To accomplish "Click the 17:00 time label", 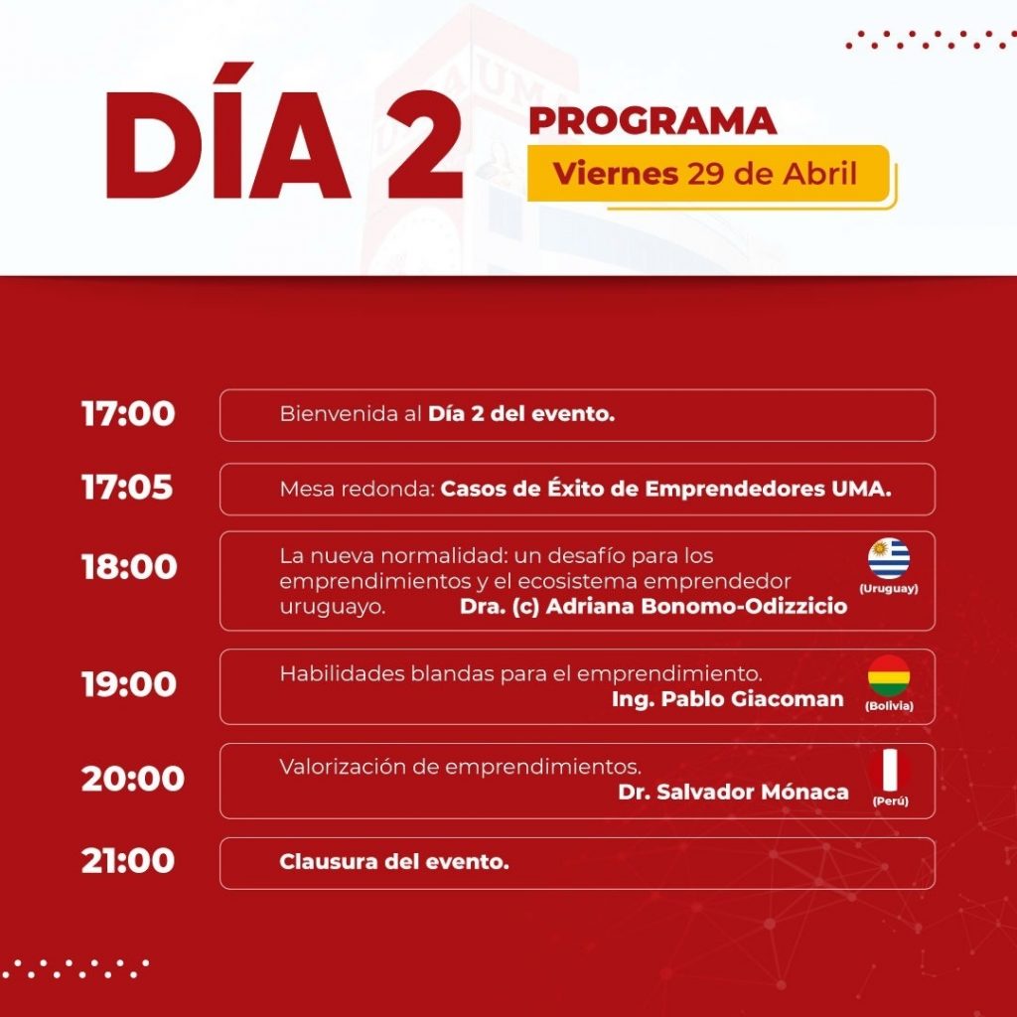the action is click(128, 414).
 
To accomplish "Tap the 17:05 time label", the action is click(127, 487).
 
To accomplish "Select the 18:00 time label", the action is click(129, 567).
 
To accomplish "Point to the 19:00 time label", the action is click(129, 684).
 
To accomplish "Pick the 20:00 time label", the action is click(133, 779).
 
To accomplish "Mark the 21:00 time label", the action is click(128, 861).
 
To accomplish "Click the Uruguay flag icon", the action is click(889, 558).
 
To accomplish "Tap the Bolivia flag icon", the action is click(889, 675).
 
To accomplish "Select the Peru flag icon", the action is click(889, 770).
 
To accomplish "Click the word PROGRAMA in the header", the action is click(653, 121).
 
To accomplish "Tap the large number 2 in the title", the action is click(425, 144).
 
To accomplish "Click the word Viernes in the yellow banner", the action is click(616, 174).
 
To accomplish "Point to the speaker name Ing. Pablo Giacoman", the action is click(728, 699).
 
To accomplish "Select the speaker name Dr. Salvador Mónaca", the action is click(733, 792).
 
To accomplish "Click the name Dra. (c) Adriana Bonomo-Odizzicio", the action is click(654, 606).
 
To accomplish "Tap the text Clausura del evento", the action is click(393, 862).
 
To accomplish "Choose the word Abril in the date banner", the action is click(819, 174).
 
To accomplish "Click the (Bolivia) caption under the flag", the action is click(889, 706).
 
